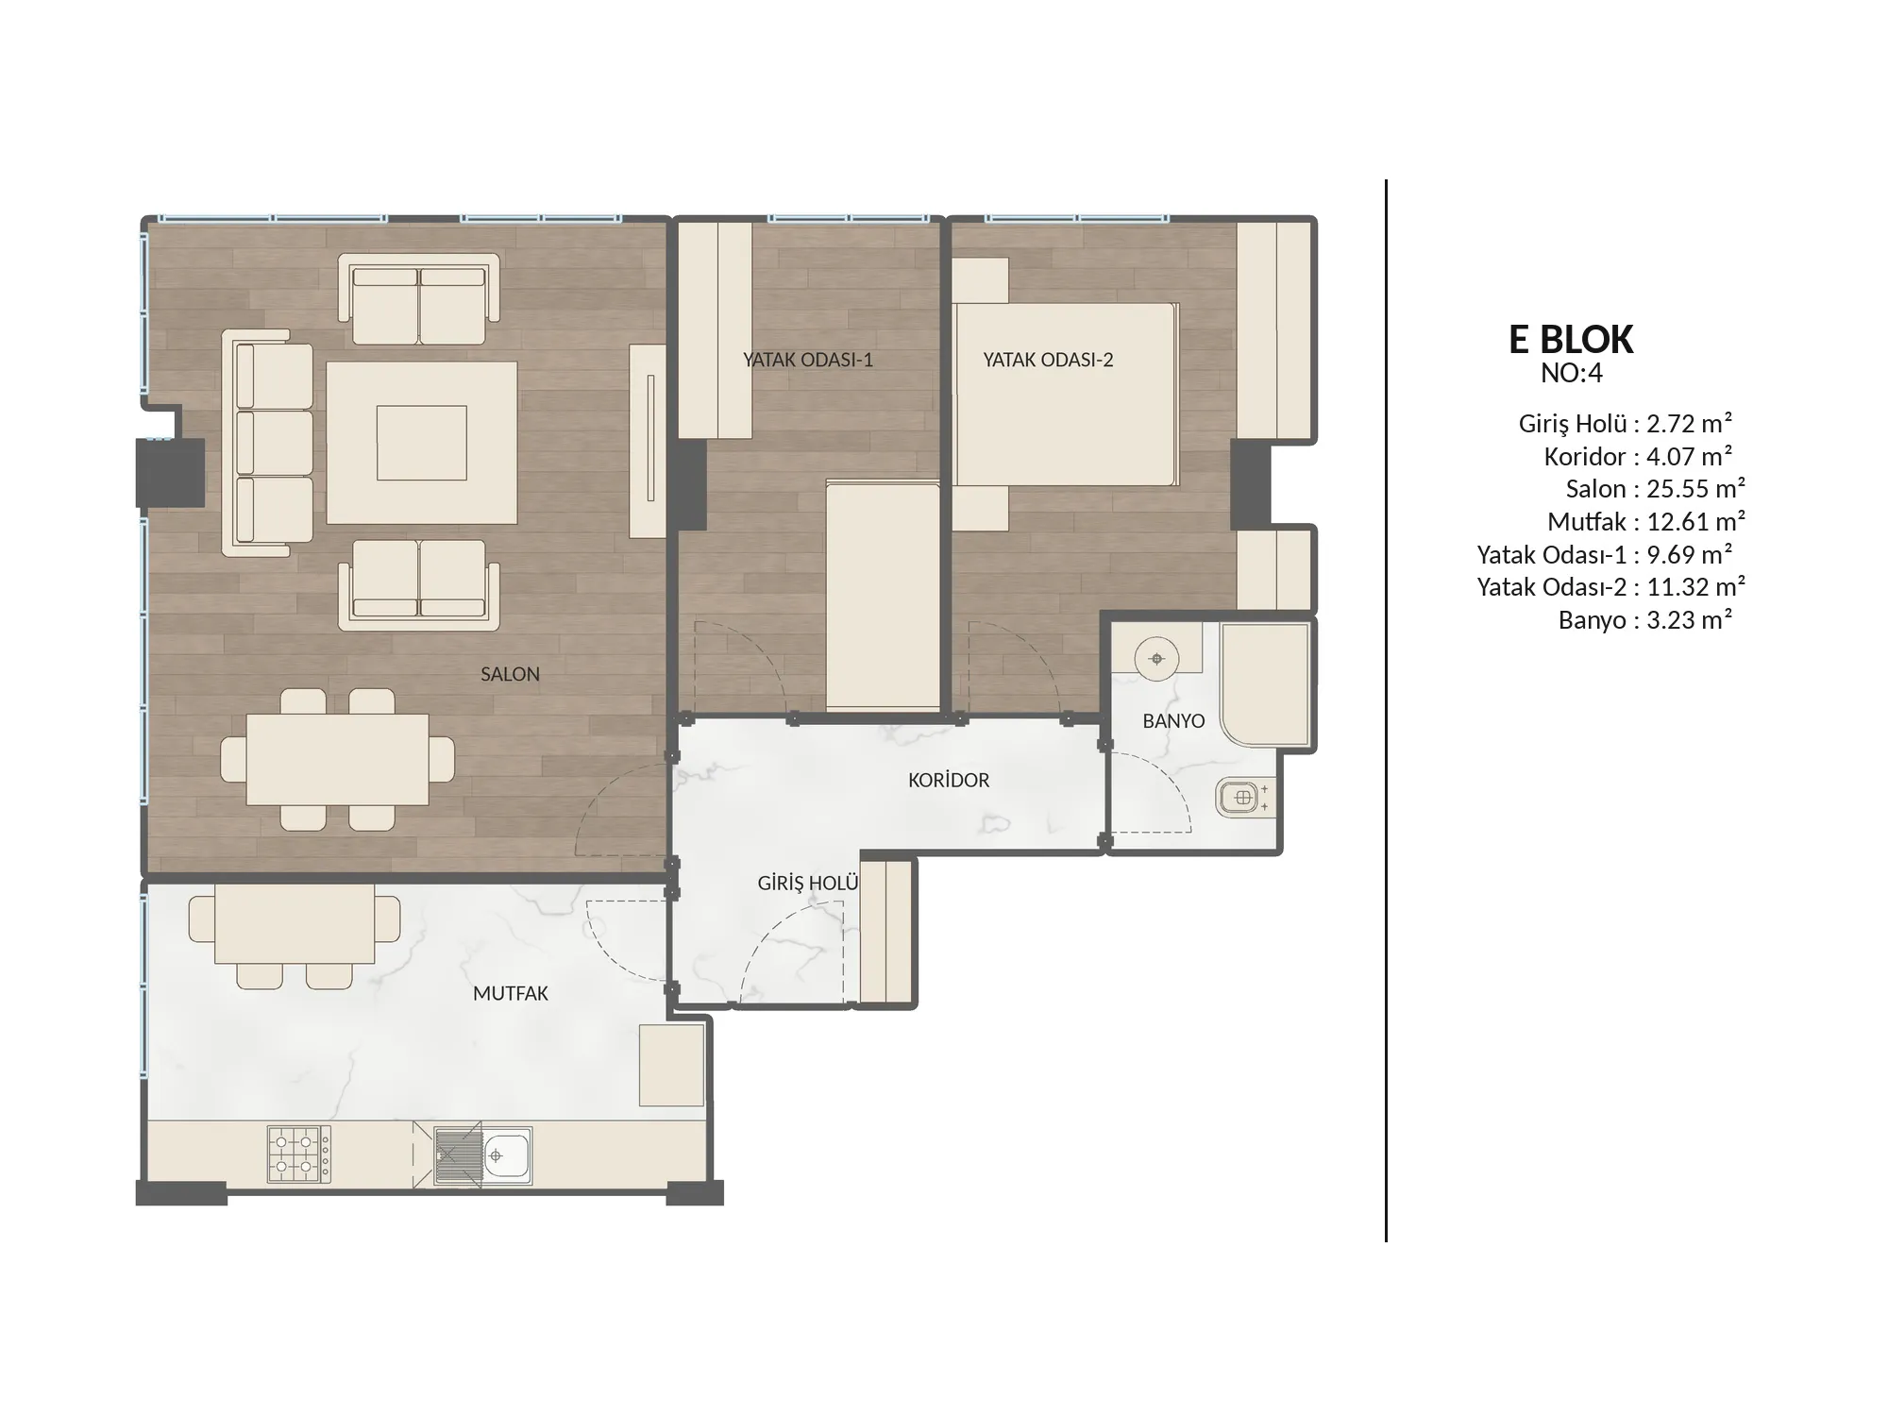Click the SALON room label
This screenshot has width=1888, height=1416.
click(x=510, y=674)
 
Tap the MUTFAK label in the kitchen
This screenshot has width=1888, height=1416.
click(x=511, y=993)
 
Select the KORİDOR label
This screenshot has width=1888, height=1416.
click(x=949, y=780)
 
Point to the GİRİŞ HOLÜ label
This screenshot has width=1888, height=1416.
click(x=808, y=883)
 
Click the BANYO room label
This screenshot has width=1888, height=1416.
click(x=1173, y=721)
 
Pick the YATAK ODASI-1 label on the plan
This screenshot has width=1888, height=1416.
click(x=808, y=360)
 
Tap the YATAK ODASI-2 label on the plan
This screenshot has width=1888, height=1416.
click(x=1048, y=360)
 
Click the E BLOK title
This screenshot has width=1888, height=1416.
click(x=1571, y=340)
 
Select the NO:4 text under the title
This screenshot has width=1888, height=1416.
click(x=1572, y=374)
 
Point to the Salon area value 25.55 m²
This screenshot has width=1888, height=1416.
click(x=1695, y=489)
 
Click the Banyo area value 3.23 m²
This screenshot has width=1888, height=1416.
click(x=1689, y=620)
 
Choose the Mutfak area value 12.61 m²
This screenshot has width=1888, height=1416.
click(x=1695, y=521)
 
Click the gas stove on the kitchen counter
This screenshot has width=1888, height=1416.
click(x=299, y=1154)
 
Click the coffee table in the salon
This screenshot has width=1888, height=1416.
click(x=422, y=443)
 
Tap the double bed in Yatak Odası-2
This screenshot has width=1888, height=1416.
click(x=1066, y=395)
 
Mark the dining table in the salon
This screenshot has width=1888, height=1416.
click(x=337, y=760)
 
